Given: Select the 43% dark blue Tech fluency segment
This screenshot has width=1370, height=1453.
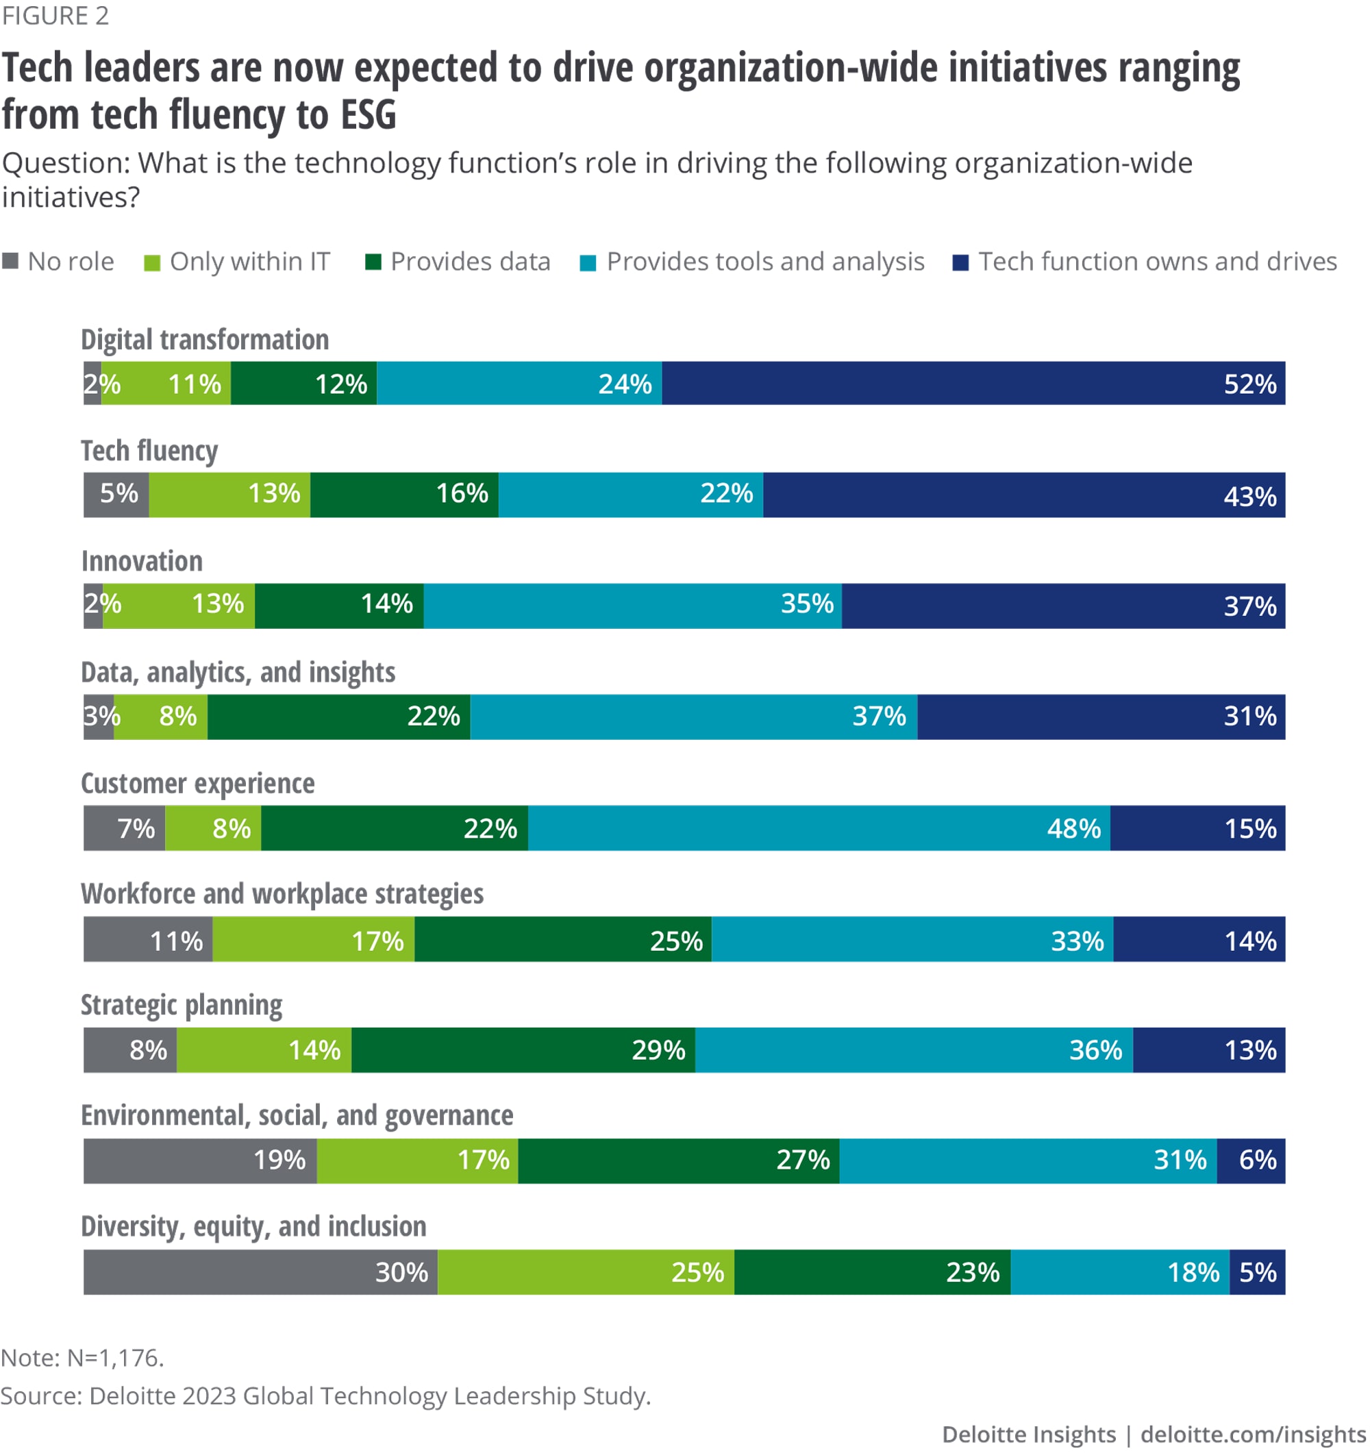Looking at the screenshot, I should coord(1023,495).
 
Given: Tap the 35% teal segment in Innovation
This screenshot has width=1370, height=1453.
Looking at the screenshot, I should coord(632,605).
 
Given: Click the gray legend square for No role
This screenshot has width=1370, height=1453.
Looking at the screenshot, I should coord(10,261).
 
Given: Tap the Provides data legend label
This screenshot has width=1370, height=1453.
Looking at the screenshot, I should coord(470,262).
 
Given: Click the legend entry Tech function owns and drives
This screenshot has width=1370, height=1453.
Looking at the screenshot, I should coord(1158,262).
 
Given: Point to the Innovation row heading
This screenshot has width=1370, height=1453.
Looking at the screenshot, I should coord(142,561).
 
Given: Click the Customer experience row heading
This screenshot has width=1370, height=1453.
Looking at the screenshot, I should coord(197,784).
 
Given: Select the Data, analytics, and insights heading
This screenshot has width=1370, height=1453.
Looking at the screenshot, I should coord(238,673).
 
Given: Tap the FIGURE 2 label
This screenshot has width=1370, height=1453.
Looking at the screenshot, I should coord(55,15).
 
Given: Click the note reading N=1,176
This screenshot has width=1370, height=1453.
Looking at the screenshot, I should coord(82,1357).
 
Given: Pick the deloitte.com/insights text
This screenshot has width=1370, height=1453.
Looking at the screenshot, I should coord(1252,1434).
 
